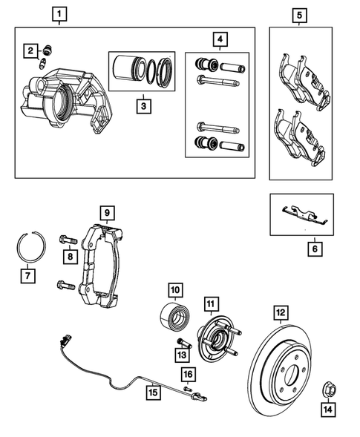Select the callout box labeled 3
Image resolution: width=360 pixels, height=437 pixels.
143,105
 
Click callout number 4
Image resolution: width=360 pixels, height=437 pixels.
218,38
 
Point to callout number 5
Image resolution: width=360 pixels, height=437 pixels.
299,13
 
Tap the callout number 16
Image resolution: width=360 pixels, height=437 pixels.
188,373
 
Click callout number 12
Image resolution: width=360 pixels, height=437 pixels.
280,312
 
